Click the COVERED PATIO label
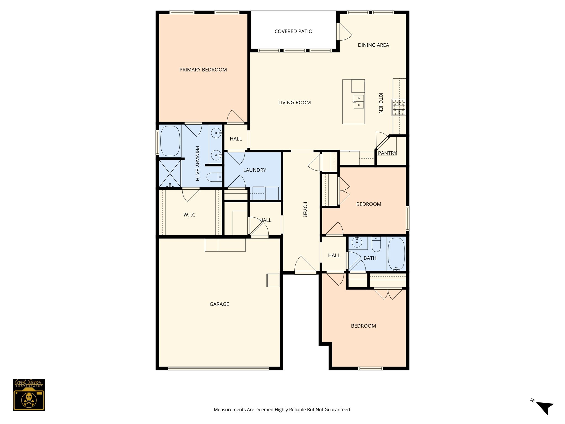pyautogui.click(x=293, y=31)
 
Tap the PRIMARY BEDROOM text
pyautogui.click(x=203, y=70)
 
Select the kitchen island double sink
pyautogui.click(x=358, y=102)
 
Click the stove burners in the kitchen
pyautogui.click(x=399, y=107)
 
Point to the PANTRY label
pyautogui.click(x=387, y=153)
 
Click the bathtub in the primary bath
pyautogui.click(x=170, y=141)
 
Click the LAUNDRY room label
pyautogui.click(x=254, y=170)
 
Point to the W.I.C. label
pyautogui.click(x=190, y=215)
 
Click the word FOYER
pyautogui.click(x=305, y=209)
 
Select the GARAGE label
pyautogui.click(x=219, y=304)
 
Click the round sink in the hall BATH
pyautogui.click(x=357, y=243)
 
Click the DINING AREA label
pyautogui.click(x=373, y=45)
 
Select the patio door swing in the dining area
pyautogui.click(x=344, y=32)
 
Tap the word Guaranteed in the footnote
pyautogui.click(x=340, y=410)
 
